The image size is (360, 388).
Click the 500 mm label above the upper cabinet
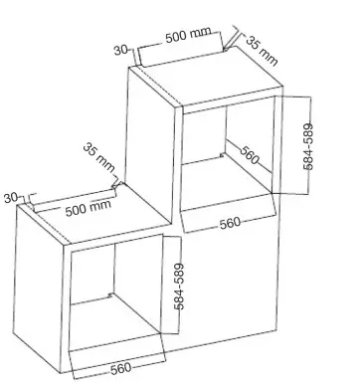pos(188,35)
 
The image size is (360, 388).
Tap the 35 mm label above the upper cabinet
pos(262,51)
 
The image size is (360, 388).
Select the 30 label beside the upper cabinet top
pos(120,50)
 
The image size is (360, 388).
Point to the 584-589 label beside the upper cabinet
pos(308,146)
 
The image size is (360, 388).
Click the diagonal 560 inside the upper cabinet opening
pos(250,155)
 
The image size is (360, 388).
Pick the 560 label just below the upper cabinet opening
pos(230,223)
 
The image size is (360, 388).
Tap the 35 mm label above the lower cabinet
pos(98,157)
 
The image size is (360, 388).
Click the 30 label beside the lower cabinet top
pos(11,198)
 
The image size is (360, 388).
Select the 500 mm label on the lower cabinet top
pos(88,208)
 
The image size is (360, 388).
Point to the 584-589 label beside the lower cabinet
pos(179,287)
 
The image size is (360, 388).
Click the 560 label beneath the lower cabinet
pos(120,369)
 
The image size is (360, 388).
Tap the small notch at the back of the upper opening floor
pos(222,154)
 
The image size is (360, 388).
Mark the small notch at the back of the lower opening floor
pos(110,294)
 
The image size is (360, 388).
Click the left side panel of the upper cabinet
pos(151,146)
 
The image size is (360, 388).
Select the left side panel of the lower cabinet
pos(39,287)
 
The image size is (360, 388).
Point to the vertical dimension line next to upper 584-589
pos(309,145)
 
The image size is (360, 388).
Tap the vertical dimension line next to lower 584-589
pos(180,286)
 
